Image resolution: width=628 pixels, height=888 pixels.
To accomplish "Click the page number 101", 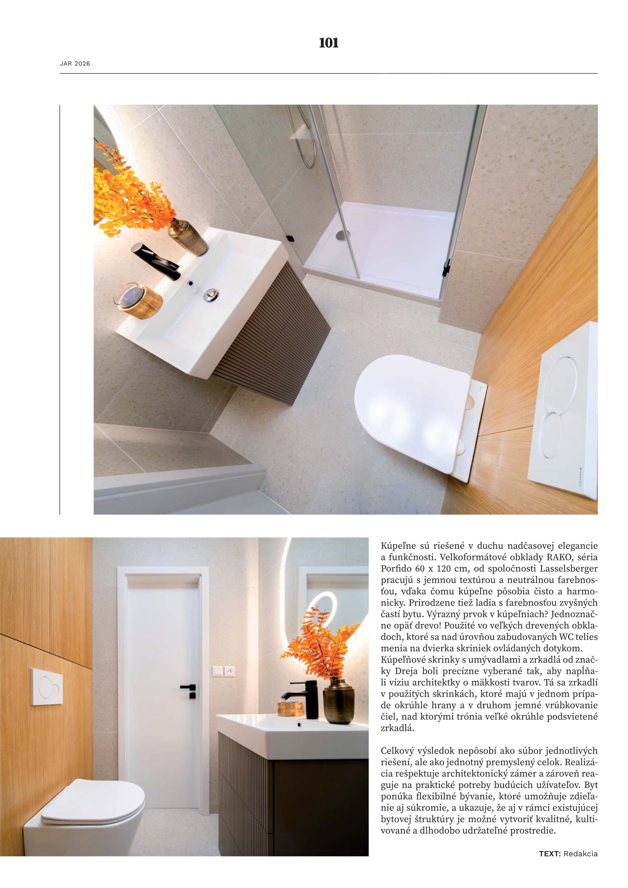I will coord(328,43).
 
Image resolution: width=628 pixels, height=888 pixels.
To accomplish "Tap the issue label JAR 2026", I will coord(75,64).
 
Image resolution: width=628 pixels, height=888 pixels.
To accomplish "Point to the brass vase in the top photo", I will coord(188,237).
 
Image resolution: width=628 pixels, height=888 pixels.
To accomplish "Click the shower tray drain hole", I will coord(342,234).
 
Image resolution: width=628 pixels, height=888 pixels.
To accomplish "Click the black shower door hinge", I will coord(447,268).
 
